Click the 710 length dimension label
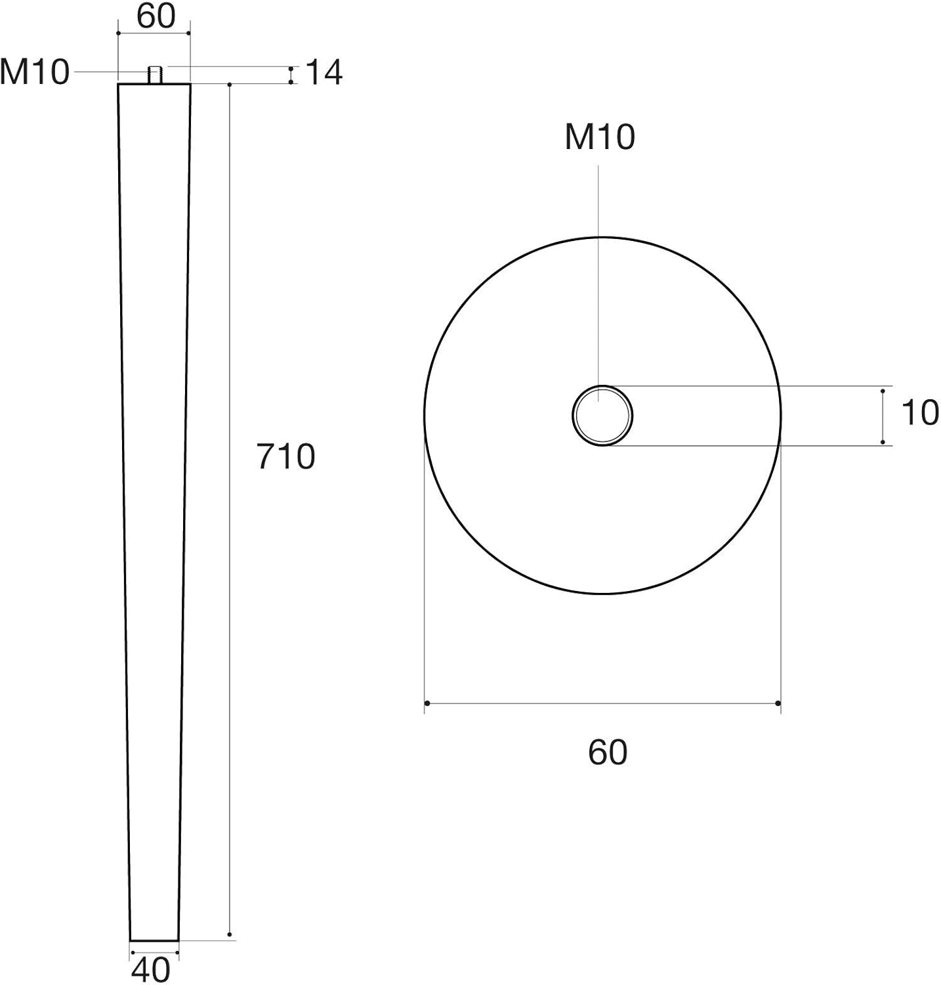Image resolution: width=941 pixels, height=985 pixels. coord(286,456)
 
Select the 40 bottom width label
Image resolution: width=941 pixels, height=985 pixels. coord(151,969)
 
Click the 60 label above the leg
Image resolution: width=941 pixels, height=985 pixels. coord(156,16)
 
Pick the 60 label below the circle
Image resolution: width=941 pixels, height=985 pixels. coord(608,752)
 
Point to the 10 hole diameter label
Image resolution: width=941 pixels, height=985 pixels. coord(920,413)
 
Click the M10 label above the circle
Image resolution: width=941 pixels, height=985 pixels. coord(600,137)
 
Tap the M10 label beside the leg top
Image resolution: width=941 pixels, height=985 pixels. coord(35,72)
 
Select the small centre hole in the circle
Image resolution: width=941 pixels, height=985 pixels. coord(602,416)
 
